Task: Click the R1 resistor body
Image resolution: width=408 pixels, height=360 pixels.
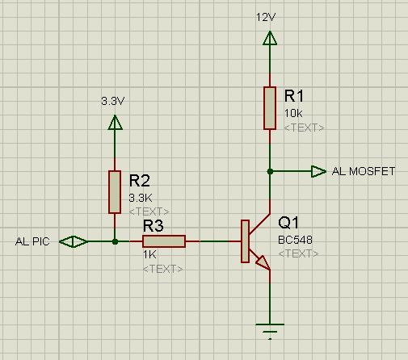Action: (270, 108)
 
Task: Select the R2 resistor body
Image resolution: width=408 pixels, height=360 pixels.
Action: (115, 192)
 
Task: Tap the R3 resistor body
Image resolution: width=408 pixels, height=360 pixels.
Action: (164, 241)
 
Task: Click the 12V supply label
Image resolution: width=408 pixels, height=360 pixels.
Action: (266, 17)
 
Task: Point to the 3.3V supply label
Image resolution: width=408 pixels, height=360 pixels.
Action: (113, 101)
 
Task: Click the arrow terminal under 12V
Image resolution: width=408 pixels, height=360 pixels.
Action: (270, 38)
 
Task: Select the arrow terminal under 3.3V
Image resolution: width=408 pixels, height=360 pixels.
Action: (115, 122)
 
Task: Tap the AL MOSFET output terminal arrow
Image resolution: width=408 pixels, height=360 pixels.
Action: (318, 171)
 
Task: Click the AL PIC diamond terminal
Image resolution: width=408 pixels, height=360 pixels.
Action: (74, 241)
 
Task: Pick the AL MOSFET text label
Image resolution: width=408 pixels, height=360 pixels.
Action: (364, 171)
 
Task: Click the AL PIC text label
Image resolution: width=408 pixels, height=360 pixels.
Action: (32, 241)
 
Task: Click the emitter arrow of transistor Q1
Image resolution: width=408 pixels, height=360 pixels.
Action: (263, 262)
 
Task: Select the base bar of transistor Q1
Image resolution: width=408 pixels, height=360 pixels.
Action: (245, 241)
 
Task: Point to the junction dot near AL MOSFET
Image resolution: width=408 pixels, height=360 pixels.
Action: (270, 171)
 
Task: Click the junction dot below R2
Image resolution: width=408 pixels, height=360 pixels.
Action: (115, 241)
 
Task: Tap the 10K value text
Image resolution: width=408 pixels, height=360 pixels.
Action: (293, 114)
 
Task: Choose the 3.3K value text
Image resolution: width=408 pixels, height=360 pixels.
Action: (141, 198)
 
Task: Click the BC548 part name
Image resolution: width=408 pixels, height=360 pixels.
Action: (295, 240)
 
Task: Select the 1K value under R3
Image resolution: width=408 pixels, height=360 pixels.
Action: (149, 254)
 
